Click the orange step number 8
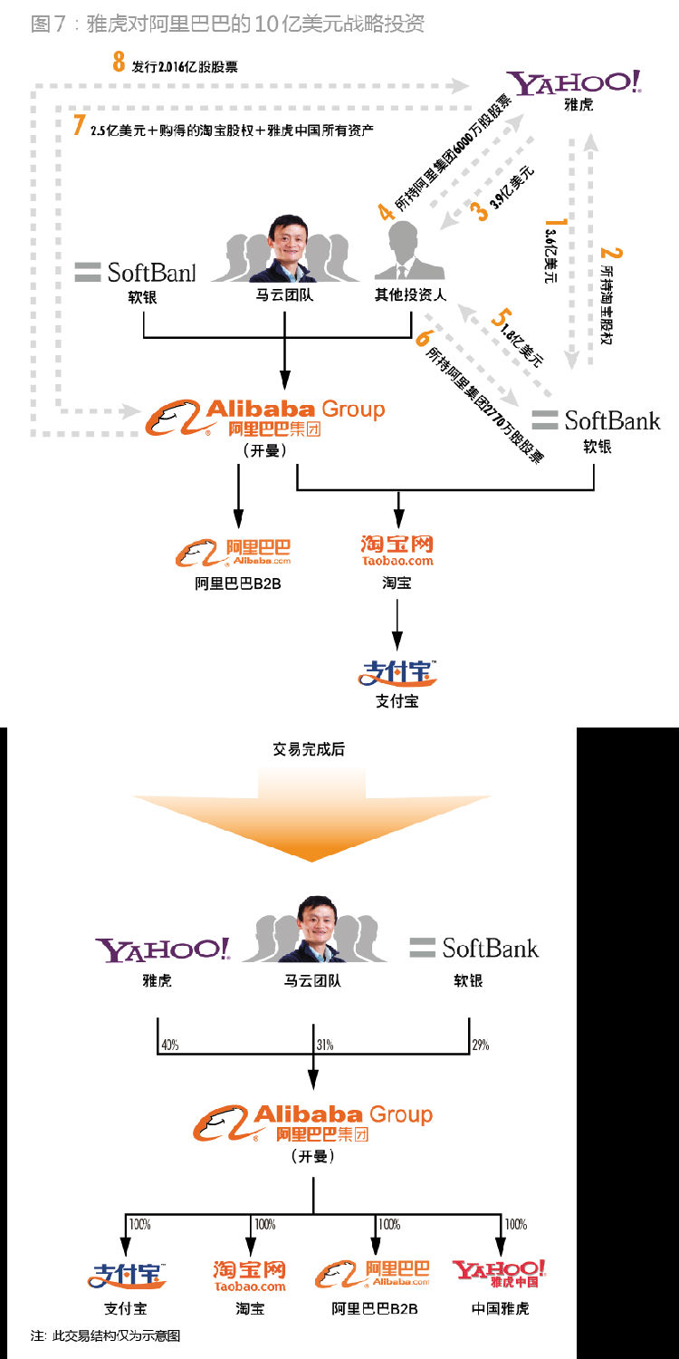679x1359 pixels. (x=119, y=63)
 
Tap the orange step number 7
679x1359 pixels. (x=79, y=124)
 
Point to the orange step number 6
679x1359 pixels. (x=422, y=339)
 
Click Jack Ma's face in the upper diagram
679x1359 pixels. (x=285, y=240)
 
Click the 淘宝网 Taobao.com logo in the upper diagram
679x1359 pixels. (x=397, y=550)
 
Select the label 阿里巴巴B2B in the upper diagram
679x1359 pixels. (x=238, y=583)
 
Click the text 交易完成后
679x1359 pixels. (x=309, y=749)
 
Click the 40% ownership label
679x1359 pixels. (x=168, y=1045)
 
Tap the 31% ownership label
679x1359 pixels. (x=324, y=1045)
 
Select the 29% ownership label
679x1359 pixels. (x=480, y=1045)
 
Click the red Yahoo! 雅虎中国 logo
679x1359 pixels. (x=500, y=1274)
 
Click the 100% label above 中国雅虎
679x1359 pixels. (x=515, y=1224)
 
